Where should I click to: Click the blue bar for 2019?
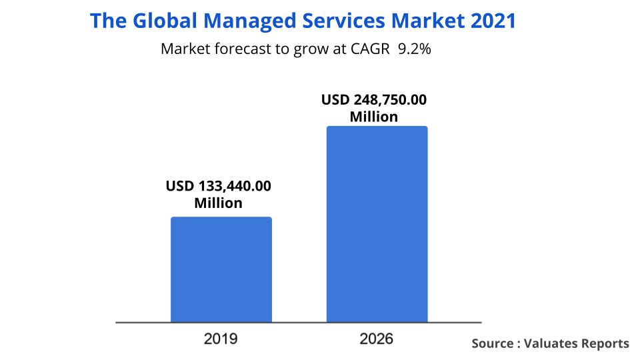tap(221, 270)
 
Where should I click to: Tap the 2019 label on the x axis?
tap(221, 339)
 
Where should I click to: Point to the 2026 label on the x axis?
tap(377, 339)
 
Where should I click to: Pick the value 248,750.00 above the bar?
tap(389, 101)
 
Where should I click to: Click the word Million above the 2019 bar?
tap(218, 203)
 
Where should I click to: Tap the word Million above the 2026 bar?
tap(374, 117)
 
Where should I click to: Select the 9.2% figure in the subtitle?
tap(414, 50)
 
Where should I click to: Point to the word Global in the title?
tap(164, 21)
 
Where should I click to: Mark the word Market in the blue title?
tap(427, 21)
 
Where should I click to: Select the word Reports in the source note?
tap(605, 343)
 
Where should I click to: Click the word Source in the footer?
tap(491, 343)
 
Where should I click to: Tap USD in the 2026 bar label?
tap(335, 101)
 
